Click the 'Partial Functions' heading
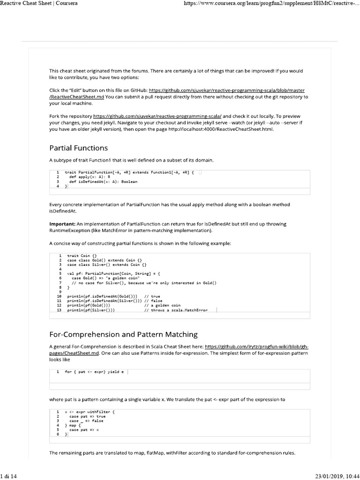point(78,148)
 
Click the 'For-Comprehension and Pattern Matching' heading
point(123,334)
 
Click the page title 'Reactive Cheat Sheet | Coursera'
point(39,4)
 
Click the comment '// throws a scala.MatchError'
point(176,310)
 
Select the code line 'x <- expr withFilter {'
point(89,412)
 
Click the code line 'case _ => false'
point(86,421)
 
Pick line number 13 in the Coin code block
point(59,310)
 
